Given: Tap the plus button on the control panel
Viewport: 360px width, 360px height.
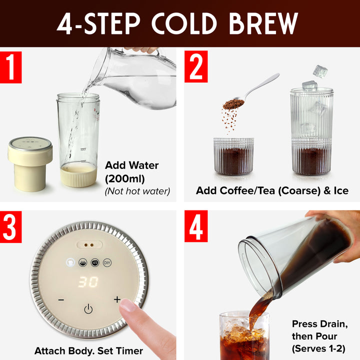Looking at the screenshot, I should point(117,299).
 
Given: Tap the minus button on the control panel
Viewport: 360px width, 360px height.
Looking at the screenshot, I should point(60,300).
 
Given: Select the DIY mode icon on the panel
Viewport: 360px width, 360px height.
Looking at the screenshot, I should point(106,262).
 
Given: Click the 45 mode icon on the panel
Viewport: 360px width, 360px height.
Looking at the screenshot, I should point(94,262).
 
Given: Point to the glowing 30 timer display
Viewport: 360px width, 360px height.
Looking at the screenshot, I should point(88,282).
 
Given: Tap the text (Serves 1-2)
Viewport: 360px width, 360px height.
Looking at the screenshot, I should point(318,348).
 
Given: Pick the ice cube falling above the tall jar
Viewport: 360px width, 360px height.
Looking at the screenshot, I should point(320,71).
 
